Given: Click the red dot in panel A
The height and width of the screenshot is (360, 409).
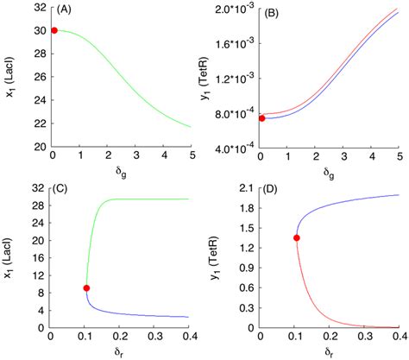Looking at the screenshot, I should [53, 30].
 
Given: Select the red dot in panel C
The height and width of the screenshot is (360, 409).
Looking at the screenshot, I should [86, 287].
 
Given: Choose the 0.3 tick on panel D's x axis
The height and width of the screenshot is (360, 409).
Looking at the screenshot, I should [362, 336].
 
